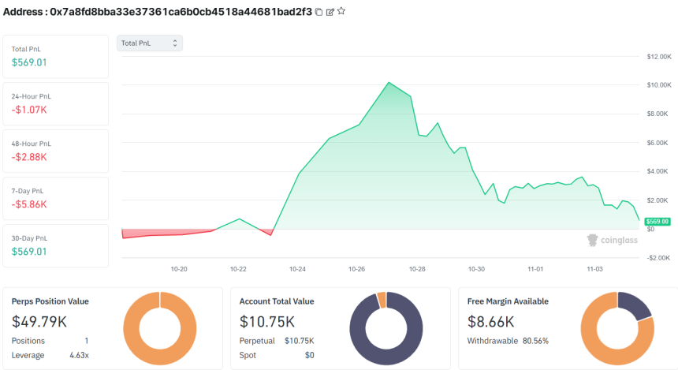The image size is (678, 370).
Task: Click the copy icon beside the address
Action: tap(319, 12)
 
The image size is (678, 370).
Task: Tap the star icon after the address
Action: tap(341, 12)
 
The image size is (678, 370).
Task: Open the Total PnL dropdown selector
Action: tap(150, 43)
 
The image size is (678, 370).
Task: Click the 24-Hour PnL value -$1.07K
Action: tap(28, 109)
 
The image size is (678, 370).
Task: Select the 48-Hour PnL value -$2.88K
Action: tap(29, 156)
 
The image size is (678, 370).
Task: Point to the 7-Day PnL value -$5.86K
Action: tap(29, 204)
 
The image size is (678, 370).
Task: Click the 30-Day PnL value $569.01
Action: tap(29, 251)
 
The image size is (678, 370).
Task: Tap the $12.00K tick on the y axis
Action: tap(658, 57)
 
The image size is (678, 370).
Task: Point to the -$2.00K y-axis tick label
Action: tap(658, 258)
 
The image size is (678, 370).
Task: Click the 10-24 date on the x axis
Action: tap(297, 269)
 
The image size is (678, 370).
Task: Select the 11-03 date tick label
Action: tap(595, 269)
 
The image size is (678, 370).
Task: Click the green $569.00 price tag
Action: tap(658, 222)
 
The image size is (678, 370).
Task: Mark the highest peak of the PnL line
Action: tap(389, 82)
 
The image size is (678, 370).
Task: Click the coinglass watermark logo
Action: tap(613, 240)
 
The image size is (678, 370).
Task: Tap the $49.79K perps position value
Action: tap(39, 321)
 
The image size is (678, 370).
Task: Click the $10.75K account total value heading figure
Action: tap(267, 321)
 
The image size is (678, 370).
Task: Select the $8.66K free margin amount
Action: tap(491, 321)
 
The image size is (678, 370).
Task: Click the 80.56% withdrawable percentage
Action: tap(535, 341)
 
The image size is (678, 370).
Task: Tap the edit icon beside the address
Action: tap(330, 12)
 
